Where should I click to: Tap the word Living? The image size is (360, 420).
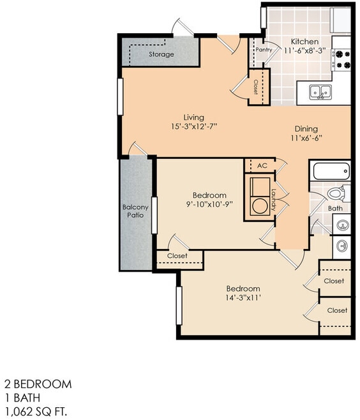click(x=193, y=117)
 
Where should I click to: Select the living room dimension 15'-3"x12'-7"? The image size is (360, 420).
click(x=193, y=127)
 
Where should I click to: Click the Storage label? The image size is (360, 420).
click(x=161, y=55)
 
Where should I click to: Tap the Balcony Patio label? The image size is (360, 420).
click(x=135, y=211)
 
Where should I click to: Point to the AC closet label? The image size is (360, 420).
click(x=262, y=165)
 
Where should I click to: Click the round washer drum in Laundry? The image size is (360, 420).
click(x=259, y=207)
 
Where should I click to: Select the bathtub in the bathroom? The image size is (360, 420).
click(x=330, y=172)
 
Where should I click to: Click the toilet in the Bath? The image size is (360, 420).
click(x=334, y=194)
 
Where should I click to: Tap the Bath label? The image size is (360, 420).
click(x=335, y=208)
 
